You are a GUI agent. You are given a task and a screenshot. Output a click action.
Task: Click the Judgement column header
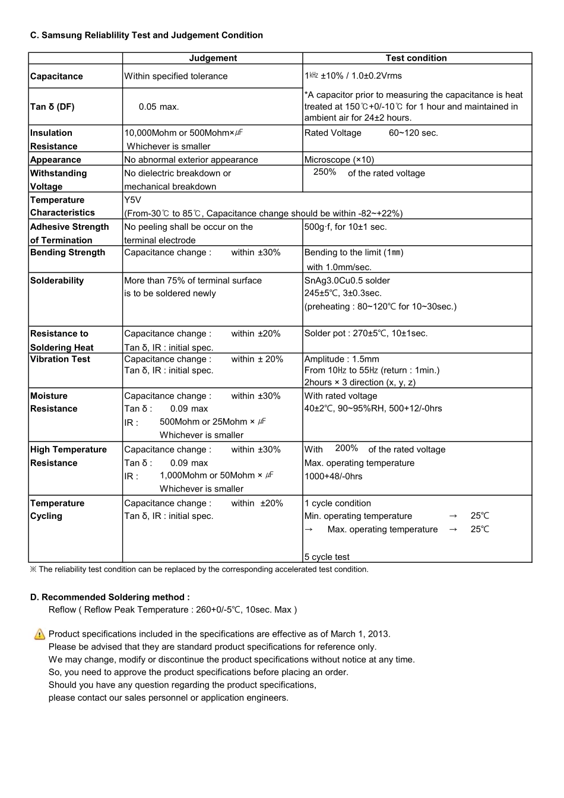[213, 58]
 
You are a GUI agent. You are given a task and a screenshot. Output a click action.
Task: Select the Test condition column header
[416, 58]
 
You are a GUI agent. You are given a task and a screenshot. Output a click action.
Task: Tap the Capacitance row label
[56, 77]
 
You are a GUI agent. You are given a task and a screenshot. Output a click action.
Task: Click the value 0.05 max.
[159, 107]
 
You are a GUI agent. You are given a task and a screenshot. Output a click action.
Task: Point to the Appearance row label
[55, 160]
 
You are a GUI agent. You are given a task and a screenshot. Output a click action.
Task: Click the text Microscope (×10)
[339, 160]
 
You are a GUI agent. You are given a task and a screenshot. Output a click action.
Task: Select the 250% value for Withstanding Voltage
[325, 172]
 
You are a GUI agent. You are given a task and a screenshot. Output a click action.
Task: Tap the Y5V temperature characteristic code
[132, 200]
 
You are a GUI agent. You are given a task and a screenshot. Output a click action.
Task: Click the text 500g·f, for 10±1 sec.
[345, 227]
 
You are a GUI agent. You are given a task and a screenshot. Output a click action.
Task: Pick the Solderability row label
[57, 281]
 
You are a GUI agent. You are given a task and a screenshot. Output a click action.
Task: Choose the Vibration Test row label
[60, 359]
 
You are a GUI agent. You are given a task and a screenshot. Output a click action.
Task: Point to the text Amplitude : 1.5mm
[341, 359]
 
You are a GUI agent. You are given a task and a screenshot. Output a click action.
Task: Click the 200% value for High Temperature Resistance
[346, 448]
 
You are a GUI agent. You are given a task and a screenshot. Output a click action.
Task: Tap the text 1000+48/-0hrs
[333, 476]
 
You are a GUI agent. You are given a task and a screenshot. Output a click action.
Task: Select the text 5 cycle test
[327, 557]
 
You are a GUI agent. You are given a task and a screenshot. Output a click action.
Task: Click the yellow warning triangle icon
[40, 634]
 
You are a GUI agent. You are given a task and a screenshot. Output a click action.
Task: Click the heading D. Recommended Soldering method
[110, 597]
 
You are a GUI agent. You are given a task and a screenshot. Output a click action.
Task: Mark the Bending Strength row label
[68, 252]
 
